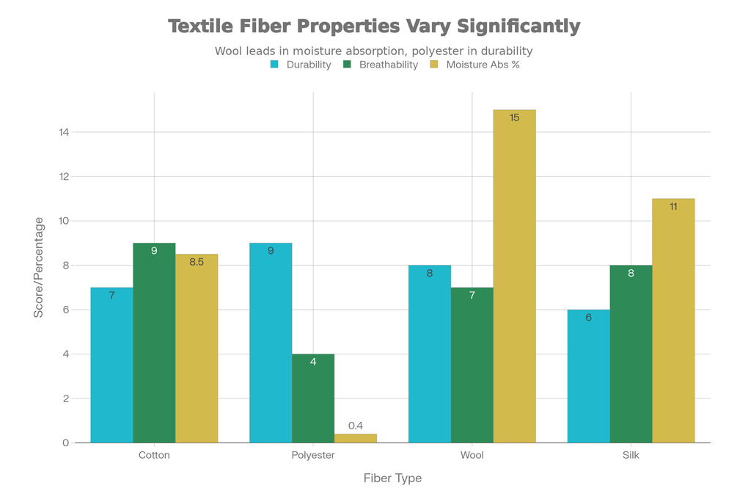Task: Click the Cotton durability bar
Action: tap(111, 365)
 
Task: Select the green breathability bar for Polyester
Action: tap(313, 398)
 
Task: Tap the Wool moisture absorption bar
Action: tap(514, 276)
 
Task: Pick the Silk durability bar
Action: tap(589, 376)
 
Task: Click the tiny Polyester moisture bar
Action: tap(356, 438)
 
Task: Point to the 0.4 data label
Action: tap(356, 426)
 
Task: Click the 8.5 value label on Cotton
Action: tap(197, 262)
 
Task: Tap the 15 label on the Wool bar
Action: tap(514, 117)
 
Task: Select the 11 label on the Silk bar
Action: tap(673, 206)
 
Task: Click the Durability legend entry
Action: tap(301, 65)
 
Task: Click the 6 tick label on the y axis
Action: tap(66, 310)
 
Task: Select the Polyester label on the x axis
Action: tap(313, 455)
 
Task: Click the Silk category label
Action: tap(631, 455)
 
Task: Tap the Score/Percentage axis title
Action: tap(38, 267)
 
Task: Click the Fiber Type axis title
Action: tap(392, 478)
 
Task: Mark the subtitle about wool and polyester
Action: tap(373, 51)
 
